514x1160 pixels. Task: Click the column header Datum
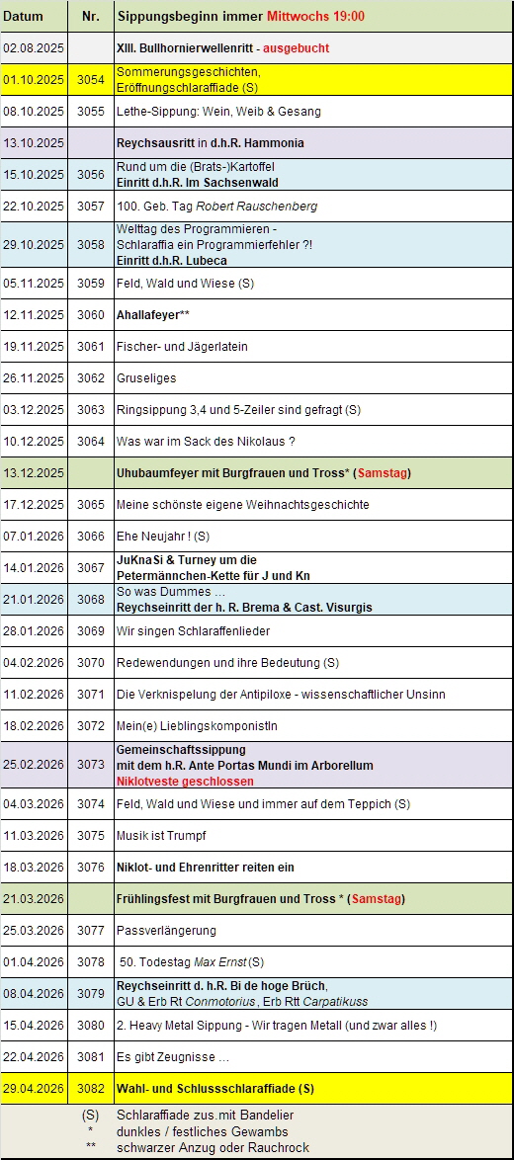24,17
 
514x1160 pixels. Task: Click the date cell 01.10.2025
34,79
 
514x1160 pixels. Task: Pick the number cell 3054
90,79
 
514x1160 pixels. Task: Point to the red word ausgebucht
296,47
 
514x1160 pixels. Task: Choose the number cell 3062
90,378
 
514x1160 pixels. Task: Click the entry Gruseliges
146,378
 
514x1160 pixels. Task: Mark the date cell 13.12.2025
34,473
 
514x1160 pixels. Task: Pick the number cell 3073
90,765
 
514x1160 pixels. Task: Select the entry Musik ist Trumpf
161,836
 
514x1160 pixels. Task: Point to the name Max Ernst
221,962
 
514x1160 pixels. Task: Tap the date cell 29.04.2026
34,1089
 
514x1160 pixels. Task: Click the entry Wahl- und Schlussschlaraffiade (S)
214,1089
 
